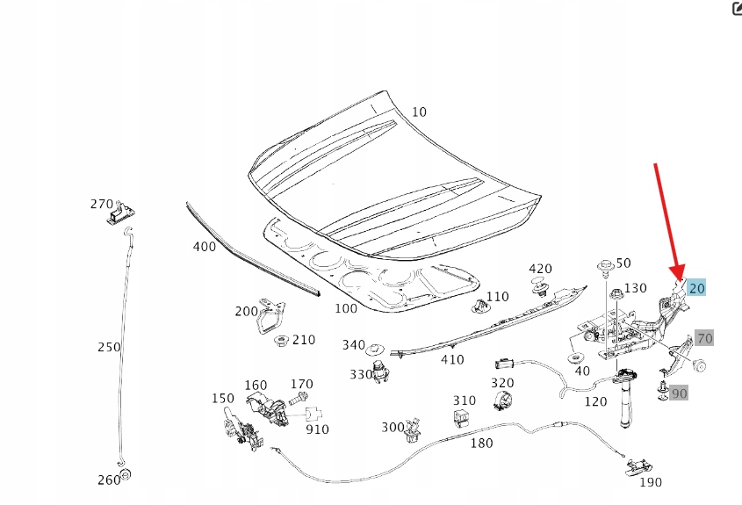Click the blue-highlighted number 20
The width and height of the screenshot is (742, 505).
coord(696,288)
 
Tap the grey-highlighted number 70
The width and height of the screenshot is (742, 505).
coord(705,338)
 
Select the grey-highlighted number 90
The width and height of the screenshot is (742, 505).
coord(679,393)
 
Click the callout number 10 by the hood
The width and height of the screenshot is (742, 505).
coord(419,112)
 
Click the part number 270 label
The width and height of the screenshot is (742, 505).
coord(102,204)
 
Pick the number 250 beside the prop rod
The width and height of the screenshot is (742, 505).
coord(109,347)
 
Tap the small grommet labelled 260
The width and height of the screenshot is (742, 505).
coord(125,475)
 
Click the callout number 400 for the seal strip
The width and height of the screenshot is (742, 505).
coord(204,247)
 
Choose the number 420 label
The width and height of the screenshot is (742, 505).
coord(539,269)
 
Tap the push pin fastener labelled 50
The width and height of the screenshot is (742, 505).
coord(604,265)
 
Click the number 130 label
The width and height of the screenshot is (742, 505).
coord(635,288)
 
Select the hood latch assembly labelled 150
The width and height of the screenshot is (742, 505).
coord(239,427)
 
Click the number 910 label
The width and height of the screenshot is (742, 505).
coord(318,429)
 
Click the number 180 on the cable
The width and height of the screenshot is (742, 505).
coord(481,444)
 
